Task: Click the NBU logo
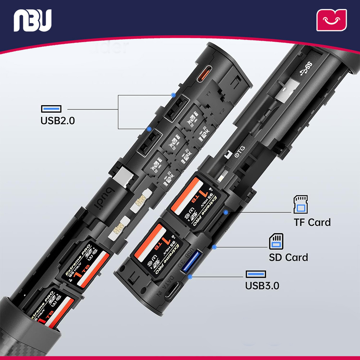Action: coord(33,20)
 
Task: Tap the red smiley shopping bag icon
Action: coord(331,20)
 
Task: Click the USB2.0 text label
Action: coord(58,120)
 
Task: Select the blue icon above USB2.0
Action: coord(51,108)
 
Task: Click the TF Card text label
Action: coord(312,222)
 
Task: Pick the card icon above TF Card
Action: coord(301,204)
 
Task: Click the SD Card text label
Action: coord(288,257)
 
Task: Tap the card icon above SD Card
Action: coord(276,241)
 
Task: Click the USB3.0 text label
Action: coord(262,286)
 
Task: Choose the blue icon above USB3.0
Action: coord(256,274)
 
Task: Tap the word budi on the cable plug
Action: coord(109,198)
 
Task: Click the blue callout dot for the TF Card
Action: coord(226,212)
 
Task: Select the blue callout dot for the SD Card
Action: coord(214,247)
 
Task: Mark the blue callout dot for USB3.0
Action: coord(190,276)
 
